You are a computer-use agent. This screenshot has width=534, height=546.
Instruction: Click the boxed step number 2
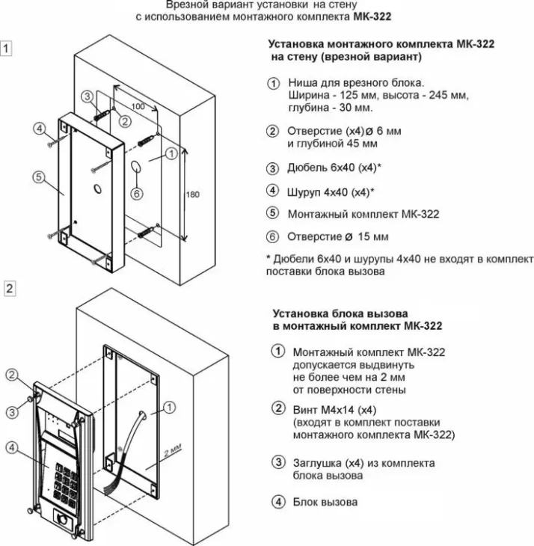(x=8, y=288)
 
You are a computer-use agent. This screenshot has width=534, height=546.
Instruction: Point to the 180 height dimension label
(x=193, y=194)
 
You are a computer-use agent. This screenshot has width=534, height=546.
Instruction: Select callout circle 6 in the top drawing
(x=136, y=192)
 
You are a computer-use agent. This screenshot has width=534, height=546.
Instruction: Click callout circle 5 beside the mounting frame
(x=39, y=177)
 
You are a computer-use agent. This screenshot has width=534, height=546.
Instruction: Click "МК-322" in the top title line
(x=374, y=15)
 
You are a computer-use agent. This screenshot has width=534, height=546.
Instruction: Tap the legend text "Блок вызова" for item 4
(x=325, y=502)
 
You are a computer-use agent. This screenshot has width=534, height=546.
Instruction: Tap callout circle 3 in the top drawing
(x=87, y=96)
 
